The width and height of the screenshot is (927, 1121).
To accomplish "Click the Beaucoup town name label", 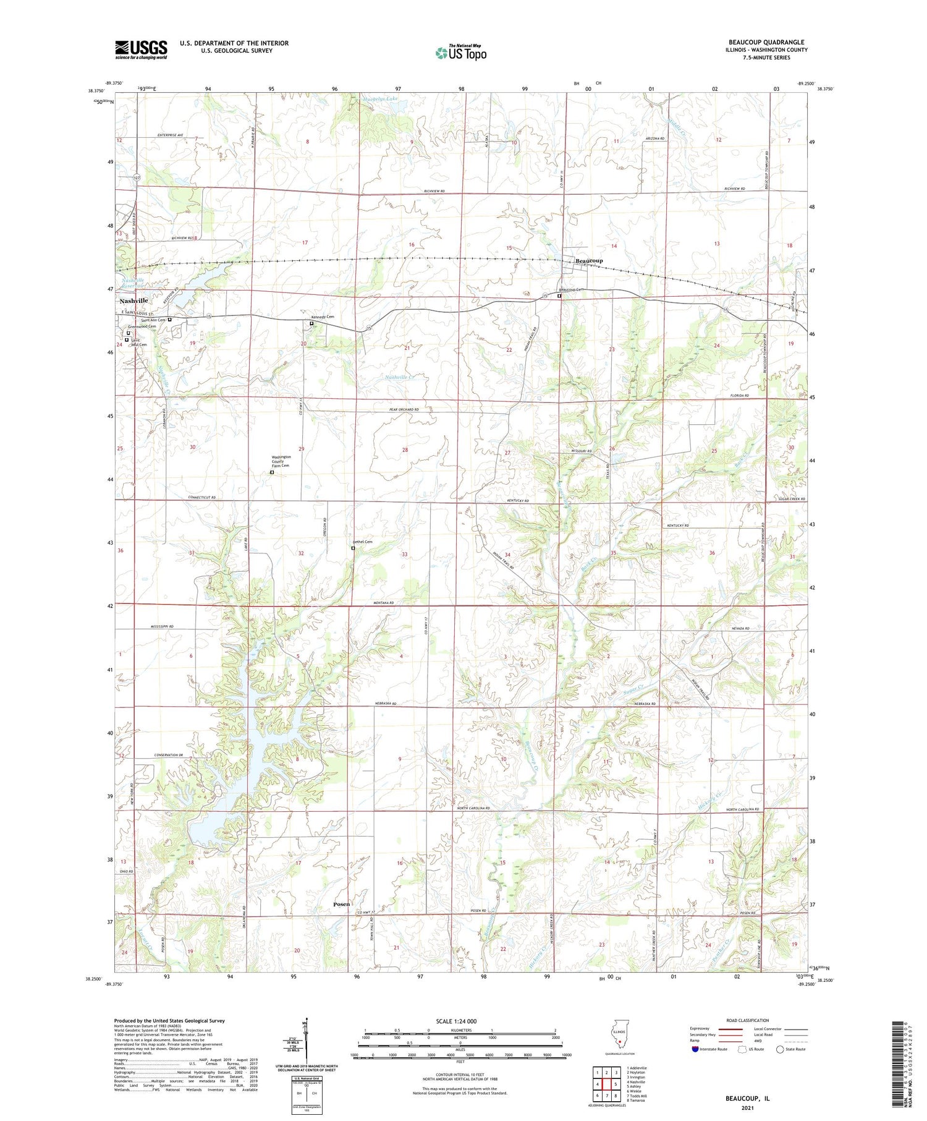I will tap(589, 261).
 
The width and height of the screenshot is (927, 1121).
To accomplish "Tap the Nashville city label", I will tap(133, 300).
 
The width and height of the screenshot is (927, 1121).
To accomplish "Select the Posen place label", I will tap(341, 904).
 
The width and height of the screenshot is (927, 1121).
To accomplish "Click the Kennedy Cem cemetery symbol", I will tap(311, 323).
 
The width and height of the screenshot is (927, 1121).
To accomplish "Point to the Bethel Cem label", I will tap(363, 542).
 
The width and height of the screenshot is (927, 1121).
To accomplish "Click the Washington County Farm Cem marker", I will tap(272, 472).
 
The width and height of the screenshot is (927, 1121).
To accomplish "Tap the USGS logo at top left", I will tap(141, 49).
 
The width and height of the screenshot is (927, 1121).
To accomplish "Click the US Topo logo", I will tap(461, 53).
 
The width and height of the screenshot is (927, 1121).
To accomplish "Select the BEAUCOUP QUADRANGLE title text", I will tap(766, 42).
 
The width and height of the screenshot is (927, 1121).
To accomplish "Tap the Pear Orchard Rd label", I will tap(404, 409).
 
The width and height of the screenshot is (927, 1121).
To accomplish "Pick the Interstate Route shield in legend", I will tap(695, 1049).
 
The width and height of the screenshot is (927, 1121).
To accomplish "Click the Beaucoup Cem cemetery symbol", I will tap(559, 296).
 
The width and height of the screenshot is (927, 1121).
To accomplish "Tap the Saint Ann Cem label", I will tap(152, 320).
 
